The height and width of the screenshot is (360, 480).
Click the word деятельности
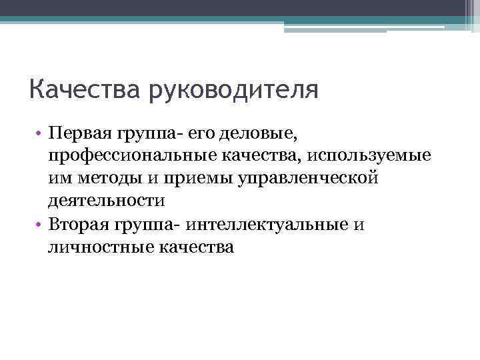coord(105,201)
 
